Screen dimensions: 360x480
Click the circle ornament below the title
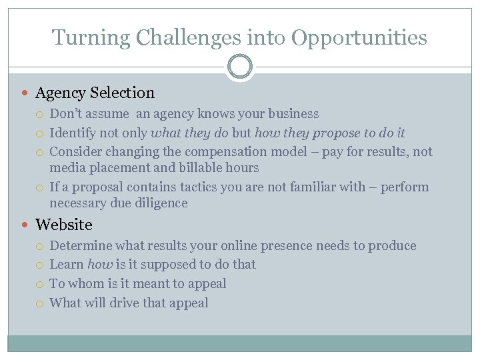pos(239,67)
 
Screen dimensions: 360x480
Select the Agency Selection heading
pos(95,93)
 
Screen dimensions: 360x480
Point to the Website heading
pos(63,225)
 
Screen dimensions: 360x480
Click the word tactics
pos(199,187)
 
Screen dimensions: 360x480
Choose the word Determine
pos(83,245)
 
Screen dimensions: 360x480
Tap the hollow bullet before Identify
pos(42,133)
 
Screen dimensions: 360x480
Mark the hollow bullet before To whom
pos(42,284)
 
